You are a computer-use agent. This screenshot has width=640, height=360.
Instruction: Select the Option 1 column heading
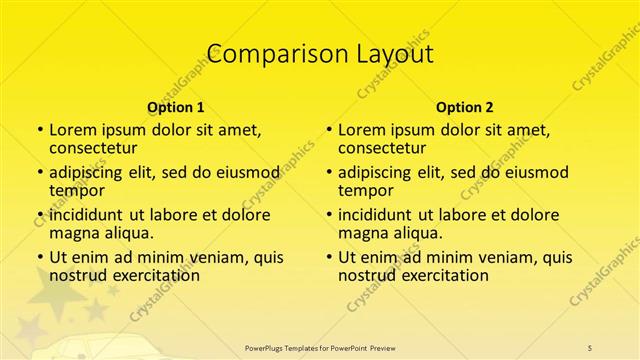click(x=176, y=107)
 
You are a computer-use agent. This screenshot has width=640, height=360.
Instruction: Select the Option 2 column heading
click(x=465, y=107)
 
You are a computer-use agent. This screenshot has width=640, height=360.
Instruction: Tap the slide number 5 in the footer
click(x=591, y=347)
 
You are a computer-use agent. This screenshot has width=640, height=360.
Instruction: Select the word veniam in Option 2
click(x=490, y=257)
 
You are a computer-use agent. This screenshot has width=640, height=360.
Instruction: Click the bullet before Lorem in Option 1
click(x=40, y=130)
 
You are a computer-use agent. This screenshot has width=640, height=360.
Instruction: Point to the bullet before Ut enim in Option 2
click(x=329, y=257)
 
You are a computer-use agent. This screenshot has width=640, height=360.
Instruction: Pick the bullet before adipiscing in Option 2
click(x=329, y=172)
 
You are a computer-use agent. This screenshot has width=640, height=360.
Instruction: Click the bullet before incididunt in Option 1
click(x=40, y=215)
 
